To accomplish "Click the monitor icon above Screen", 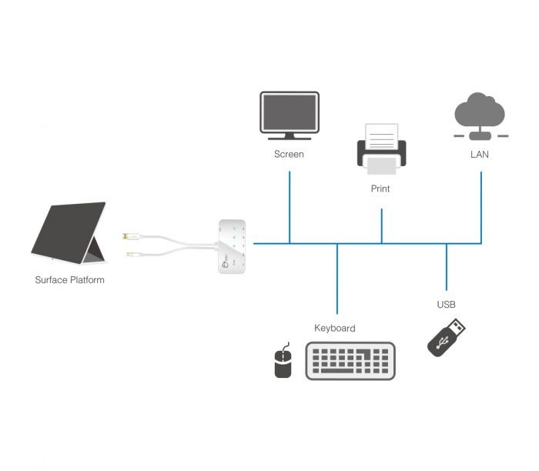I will point(289,115).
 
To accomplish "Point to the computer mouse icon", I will point(283,361).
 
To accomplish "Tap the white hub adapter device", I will point(232,246).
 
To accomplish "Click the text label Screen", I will point(289,154).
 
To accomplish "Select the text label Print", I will point(380,189).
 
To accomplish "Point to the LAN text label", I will point(479,154).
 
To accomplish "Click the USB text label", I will point(446,305).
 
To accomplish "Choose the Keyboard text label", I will point(335,329).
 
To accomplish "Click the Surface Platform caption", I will point(69,280).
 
